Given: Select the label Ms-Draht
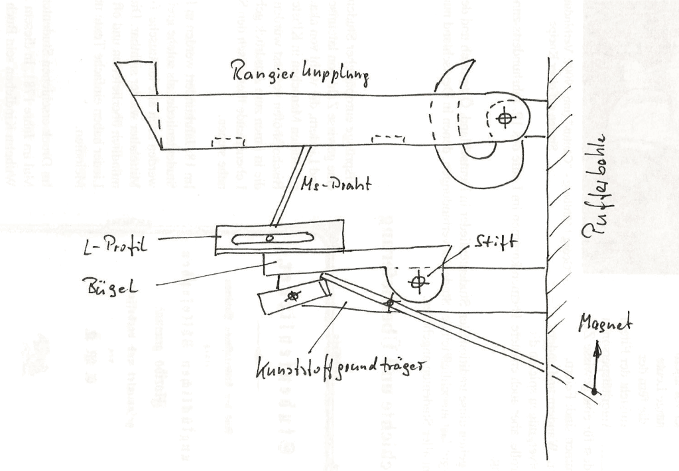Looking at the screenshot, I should pyautogui.click(x=334, y=185).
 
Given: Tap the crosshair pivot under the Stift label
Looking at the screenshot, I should pyautogui.click(x=416, y=282).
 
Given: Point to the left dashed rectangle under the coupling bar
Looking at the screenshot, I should pyautogui.click(x=226, y=142).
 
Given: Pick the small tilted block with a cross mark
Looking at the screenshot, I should pyautogui.click(x=292, y=298).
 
